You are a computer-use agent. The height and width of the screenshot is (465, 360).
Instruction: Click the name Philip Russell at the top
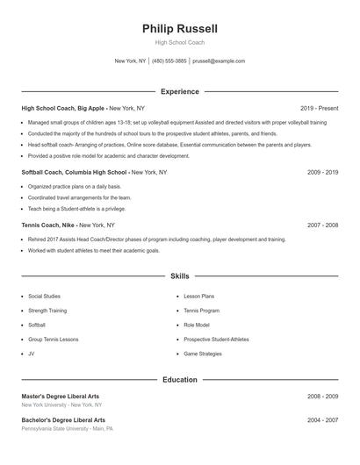pyautogui.click(x=180, y=29)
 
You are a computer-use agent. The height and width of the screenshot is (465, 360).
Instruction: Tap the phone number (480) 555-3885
pyautogui.click(x=169, y=61)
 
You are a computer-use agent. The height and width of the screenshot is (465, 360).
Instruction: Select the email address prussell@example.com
pyautogui.click(x=219, y=61)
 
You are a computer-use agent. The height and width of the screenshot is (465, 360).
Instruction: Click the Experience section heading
pyautogui.click(x=180, y=91)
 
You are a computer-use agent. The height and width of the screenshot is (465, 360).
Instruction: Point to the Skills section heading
pyautogui.click(x=180, y=275)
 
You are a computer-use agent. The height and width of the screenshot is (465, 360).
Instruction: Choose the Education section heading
pyautogui.click(x=180, y=380)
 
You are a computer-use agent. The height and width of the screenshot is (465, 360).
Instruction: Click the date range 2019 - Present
pyautogui.click(x=319, y=108)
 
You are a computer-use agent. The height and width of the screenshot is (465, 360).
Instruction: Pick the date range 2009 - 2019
pyautogui.click(x=322, y=173)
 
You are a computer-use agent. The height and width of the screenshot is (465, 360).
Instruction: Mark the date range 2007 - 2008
pyautogui.click(x=322, y=225)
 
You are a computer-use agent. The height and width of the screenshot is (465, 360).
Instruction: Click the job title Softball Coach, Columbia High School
pyautogui.click(x=75, y=173)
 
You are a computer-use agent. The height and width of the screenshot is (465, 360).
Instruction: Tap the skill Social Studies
pyautogui.click(x=44, y=297)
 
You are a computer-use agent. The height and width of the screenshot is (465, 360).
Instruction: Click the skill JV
pyautogui.click(x=32, y=354)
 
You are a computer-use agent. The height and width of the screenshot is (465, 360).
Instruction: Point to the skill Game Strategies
pyautogui.click(x=203, y=354)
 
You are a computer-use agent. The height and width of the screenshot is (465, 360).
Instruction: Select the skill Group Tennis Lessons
pyautogui.click(x=53, y=340)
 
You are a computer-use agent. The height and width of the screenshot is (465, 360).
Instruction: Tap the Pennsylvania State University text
pyautogui.click(x=54, y=429)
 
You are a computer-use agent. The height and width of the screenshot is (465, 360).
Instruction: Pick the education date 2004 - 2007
pyautogui.click(x=322, y=420)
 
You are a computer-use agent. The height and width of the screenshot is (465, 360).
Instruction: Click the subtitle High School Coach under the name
pyautogui.click(x=180, y=43)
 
